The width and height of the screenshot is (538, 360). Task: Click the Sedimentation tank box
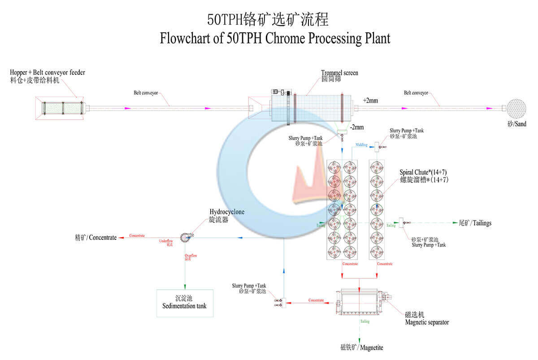(185, 303)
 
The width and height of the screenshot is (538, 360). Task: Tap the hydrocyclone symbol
(186, 238)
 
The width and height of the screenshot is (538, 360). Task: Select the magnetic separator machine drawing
(360, 301)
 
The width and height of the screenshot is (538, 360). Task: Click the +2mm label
(370, 100)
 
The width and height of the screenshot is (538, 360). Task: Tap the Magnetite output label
(362, 347)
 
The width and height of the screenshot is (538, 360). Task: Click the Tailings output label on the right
(475, 223)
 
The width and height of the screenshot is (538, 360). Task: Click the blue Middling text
(361, 145)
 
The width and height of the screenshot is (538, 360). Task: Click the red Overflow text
(191, 256)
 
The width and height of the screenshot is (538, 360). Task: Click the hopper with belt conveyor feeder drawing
(61, 108)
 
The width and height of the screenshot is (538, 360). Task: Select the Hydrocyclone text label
(227, 212)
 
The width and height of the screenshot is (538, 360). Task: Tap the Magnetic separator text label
(426, 322)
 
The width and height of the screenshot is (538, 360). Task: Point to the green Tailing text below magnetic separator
(365, 321)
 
